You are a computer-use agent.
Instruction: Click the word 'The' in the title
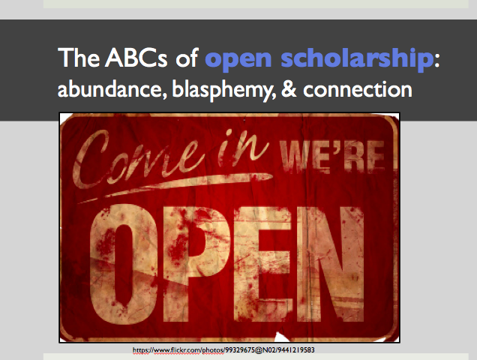79,58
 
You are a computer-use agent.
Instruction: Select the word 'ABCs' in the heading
136,58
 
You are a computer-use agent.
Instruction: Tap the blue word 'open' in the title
238,60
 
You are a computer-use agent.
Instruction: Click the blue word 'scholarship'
357,59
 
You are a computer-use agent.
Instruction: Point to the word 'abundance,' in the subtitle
112,89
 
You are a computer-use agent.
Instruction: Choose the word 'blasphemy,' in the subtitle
224,91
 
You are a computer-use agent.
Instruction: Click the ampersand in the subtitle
289,89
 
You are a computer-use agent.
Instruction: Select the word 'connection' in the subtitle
358,89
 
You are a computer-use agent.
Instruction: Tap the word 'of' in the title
187,58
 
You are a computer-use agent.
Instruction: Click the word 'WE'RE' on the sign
333,156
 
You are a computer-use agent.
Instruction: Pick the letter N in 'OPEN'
331,264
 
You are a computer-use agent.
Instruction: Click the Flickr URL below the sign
223,350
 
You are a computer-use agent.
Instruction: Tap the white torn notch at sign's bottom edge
282,337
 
